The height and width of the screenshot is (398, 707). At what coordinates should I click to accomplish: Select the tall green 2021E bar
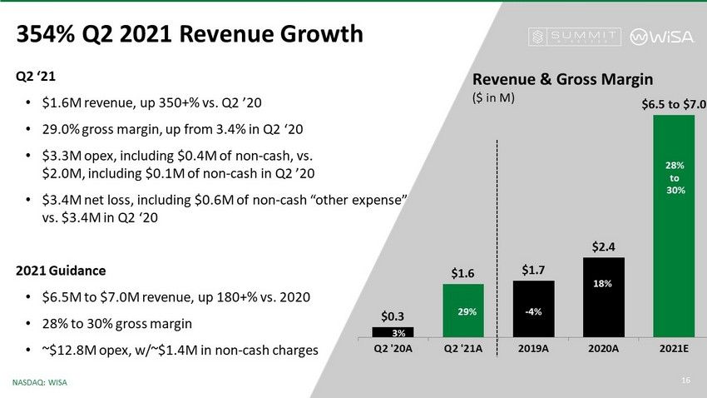point(674,225)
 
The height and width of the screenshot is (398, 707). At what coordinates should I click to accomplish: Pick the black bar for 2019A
point(533,309)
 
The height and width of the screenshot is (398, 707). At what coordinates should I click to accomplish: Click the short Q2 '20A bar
point(393,332)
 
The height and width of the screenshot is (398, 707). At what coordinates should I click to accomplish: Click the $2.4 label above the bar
point(604,246)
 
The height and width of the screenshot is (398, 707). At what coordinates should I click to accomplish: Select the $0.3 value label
point(393,316)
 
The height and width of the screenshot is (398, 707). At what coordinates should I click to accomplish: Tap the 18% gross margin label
point(604,284)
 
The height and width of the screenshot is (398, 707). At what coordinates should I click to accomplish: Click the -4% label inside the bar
point(533,311)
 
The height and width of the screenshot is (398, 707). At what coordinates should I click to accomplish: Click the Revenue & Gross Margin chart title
point(562,78)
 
